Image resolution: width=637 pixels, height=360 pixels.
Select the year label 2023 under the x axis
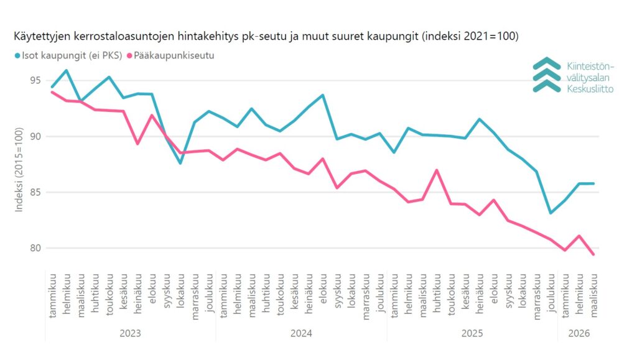tap(130, 333)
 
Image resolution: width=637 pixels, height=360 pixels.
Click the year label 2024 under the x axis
tap(301, 333)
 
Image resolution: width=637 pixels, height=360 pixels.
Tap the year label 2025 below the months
tap(472, 333)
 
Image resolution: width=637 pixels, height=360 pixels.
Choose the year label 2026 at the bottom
tap(579, 333)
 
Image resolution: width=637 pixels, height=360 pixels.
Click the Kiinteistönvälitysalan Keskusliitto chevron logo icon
tap(547, 75)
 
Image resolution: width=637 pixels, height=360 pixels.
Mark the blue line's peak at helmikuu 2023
tap(66, 70)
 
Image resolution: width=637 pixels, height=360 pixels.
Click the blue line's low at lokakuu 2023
tap(180, 164)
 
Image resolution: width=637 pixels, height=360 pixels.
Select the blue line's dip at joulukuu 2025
tap(551, 213)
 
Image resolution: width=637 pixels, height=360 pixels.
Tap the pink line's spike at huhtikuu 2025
tap(437, 170)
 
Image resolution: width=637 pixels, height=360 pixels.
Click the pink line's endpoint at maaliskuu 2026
tap(593, 254)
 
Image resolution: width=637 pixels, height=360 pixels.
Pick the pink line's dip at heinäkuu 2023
tap(137, 144)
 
